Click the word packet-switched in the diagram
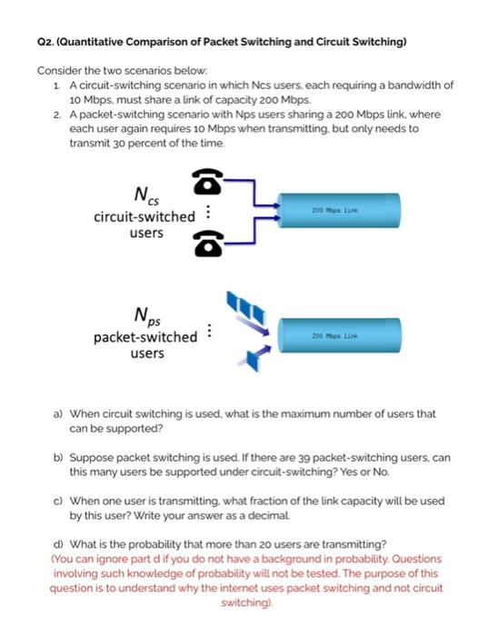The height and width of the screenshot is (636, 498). click(x=144, y=337)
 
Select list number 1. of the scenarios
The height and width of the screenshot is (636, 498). click(x=58, y=85)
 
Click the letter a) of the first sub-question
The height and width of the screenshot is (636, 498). click(x=57, y=413)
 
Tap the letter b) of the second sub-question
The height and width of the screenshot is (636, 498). click(x=57, y=458)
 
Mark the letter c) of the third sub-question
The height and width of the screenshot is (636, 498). click(x=57, y=502)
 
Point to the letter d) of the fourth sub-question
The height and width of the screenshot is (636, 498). click(x=57, y=546)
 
